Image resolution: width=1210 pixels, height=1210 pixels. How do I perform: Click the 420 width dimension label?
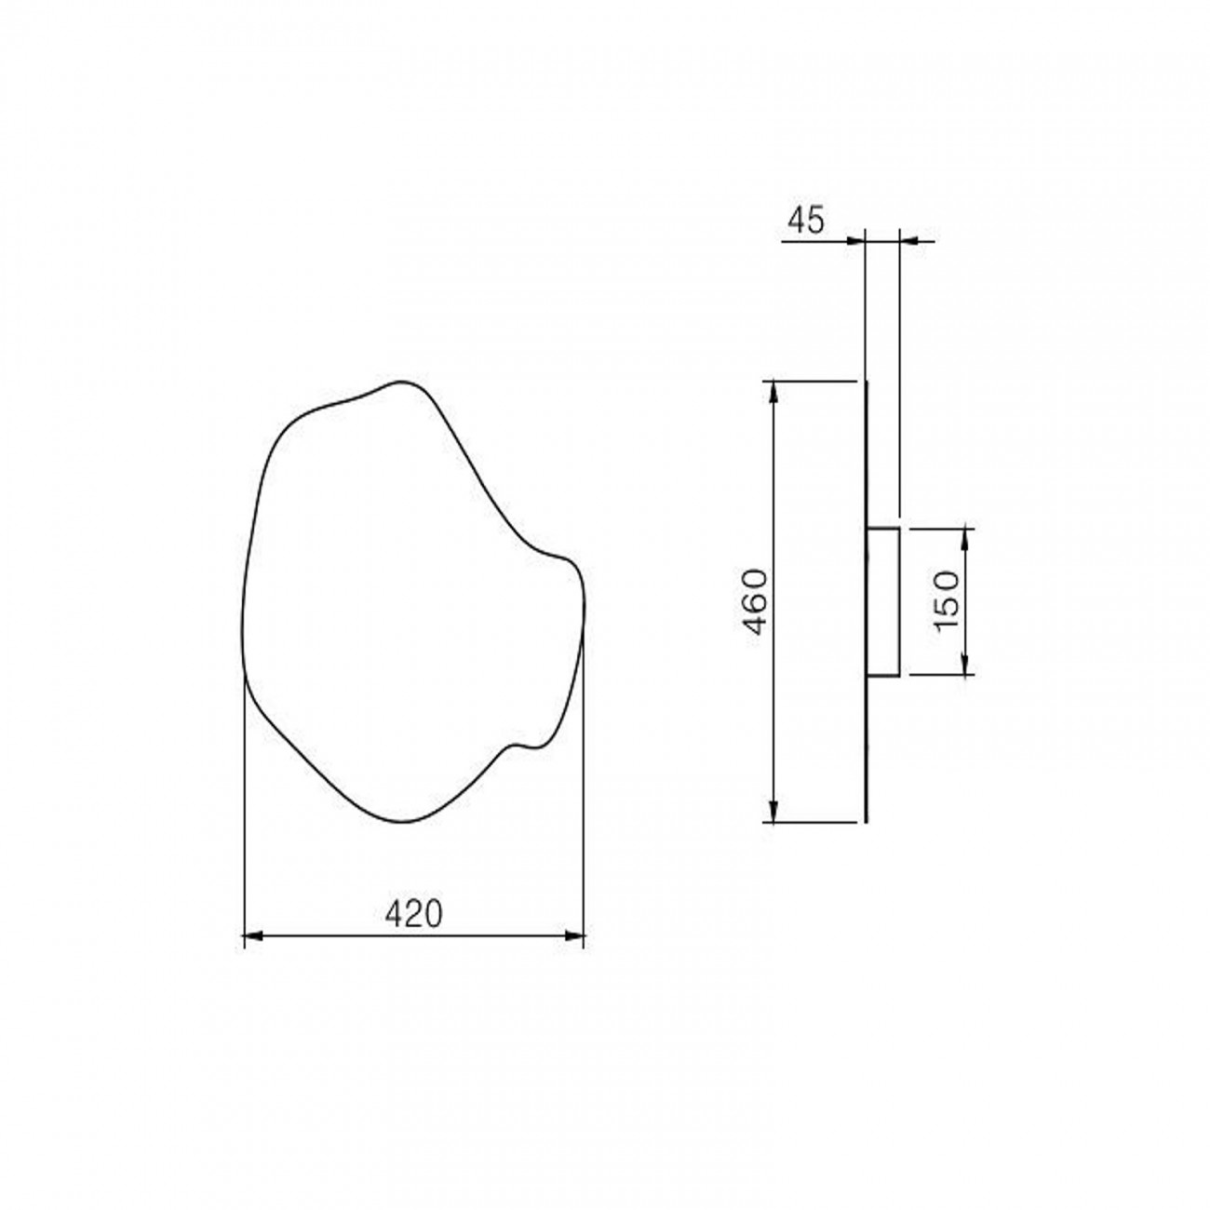pos(413,914)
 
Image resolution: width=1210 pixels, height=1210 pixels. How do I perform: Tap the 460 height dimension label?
pos(753,601)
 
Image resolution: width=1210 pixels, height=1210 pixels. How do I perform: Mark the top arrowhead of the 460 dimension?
pos(772,388)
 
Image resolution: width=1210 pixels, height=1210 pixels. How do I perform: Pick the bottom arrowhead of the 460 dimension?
pos(772,813)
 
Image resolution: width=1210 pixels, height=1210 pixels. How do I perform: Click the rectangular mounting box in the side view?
pos(882,601)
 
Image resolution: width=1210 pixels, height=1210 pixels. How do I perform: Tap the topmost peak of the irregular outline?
pos(401,382)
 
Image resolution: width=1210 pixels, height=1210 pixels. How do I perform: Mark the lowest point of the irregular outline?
pos(403,821)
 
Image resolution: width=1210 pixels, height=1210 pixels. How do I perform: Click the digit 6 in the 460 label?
pos(753,601)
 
